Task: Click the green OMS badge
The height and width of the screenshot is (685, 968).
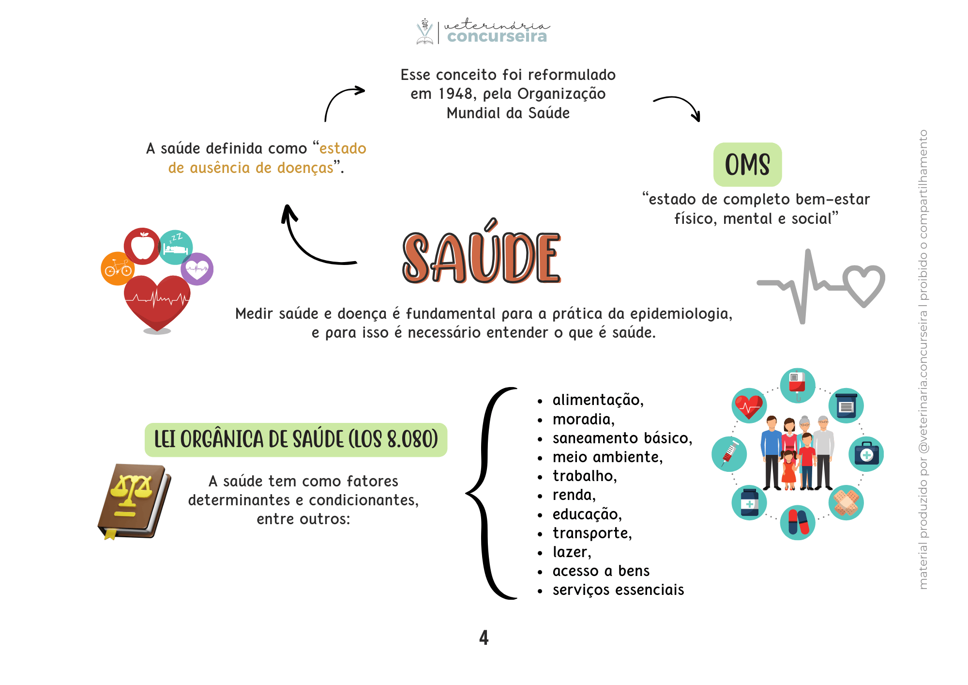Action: coord(747,164)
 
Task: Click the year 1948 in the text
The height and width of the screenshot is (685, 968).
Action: coord(455,93)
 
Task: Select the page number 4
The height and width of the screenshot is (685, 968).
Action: coord(484,638)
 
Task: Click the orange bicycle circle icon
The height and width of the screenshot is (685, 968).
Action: coord(117,269)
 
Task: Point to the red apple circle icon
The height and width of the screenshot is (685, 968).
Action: coord(142,246)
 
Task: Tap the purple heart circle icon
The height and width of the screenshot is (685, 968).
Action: coord(197,269)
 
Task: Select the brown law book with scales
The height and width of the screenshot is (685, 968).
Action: coord(134,501)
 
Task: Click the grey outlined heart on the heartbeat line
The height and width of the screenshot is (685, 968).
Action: coord(863,285)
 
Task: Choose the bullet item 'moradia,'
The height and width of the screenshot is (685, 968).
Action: coord(583,419)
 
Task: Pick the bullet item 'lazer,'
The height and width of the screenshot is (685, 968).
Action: coord(572,552)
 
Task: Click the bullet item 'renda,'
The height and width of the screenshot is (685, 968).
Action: coord(574,495)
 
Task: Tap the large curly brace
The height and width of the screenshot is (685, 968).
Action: coord(489,493)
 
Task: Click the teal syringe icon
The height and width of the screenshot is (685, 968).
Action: coord(729,454)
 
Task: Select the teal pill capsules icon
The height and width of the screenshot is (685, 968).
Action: coord(798,522)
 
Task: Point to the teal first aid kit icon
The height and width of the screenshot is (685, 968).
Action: coord(866,454)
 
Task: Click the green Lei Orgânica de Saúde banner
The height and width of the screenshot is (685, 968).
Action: coord(296,440)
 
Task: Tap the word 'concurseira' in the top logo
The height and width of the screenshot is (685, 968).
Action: coord(497,36)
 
